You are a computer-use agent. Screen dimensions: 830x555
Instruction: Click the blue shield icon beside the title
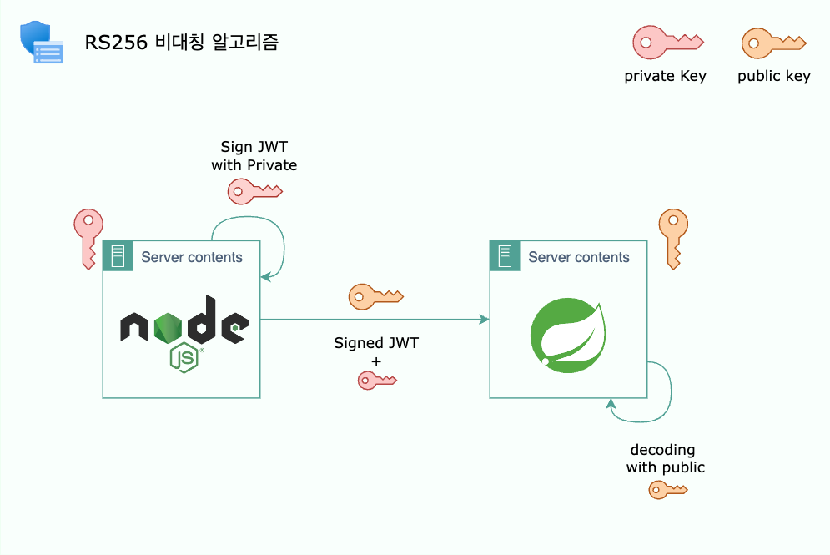tap(41, 43)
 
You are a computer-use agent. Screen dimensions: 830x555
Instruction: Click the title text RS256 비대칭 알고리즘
tap(182, 43)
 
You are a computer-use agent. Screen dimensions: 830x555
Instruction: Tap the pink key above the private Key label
tap(668, 42)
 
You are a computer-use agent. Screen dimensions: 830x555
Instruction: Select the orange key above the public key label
tap(773, 43)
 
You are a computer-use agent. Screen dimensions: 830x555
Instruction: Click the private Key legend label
tap(666, 76)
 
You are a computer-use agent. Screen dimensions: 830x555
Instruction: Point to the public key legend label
tap(774, 76)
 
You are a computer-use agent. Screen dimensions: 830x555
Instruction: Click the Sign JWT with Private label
tap(254, 156)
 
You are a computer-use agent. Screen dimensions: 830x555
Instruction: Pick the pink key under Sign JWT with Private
tap(255, 191)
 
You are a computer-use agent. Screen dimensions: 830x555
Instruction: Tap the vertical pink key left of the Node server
tap(88, 239)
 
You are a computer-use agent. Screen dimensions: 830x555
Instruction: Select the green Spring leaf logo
tap(568, 335)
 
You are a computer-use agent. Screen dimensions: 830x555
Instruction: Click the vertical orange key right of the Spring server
tap(673, 239)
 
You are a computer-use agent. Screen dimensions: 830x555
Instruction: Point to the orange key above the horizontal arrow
tap(376, 296)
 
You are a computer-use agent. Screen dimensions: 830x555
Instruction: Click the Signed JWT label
tap(376, 343)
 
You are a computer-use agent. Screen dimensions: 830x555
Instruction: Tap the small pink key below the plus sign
tap(377, 381)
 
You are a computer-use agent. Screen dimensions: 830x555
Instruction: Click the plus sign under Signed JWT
tap(376, 361)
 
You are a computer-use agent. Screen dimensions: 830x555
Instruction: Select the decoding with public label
tap(666, 459)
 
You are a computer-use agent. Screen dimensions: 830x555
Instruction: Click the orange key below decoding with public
tap(668, 490)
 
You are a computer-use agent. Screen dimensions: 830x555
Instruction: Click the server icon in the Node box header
tap(118, 255)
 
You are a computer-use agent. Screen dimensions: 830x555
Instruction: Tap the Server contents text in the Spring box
tap(579, 257)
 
